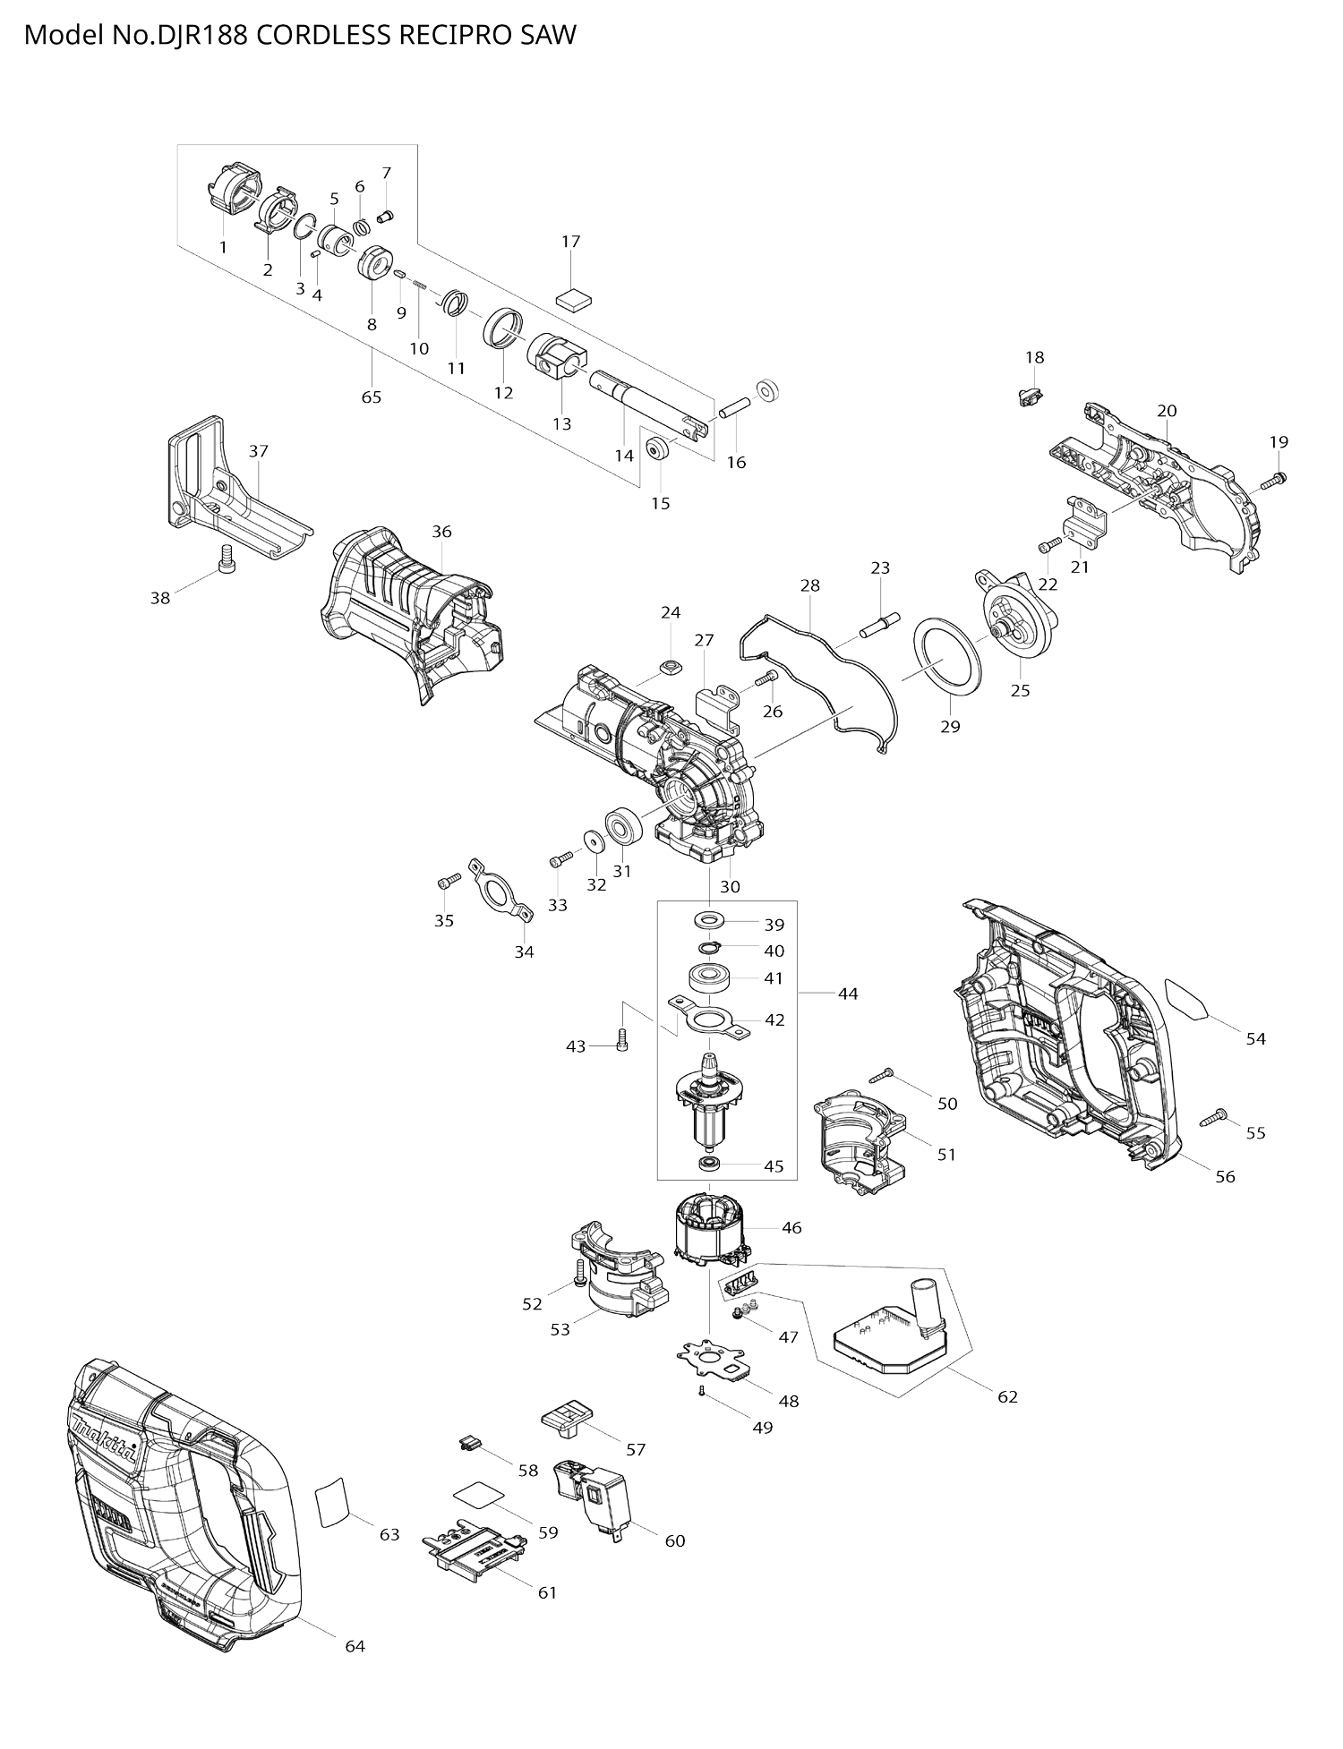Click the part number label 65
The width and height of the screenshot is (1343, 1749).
[371, 397]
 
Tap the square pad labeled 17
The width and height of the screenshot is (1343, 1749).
[574, 297]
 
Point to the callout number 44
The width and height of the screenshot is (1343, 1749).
[847, 994]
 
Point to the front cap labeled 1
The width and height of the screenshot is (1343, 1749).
[232, 190]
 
